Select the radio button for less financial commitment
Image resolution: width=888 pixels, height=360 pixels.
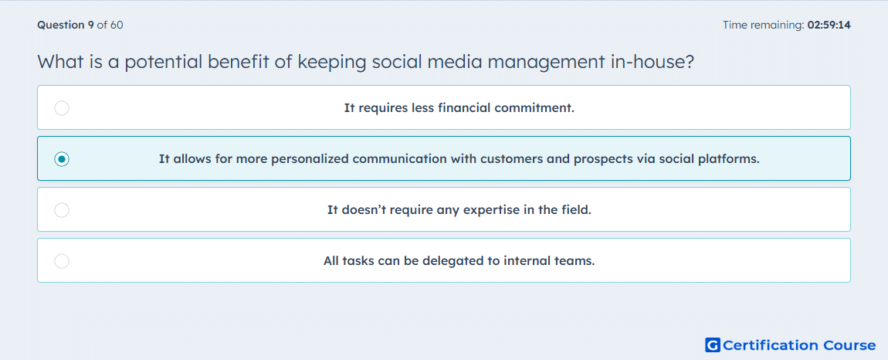pyautogui.click(x=62, y=107)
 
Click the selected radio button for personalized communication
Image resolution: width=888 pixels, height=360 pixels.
pyautogui.click(x=62, y=159)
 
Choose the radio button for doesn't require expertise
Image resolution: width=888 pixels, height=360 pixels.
pyautogui.click(x=62, y=210)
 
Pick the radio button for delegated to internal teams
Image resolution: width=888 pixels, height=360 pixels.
pyautogui.click(x=62, y=261)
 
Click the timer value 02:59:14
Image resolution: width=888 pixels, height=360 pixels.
pyautogui.click(x=829, y=25)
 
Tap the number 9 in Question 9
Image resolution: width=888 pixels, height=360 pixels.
pyautogui.click(x=90, y=25)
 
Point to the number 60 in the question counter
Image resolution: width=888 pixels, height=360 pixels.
pyautogui.click(x=117, y=25)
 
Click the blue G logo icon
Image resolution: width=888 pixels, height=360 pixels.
pyautogui.click(x=713, y=345)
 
